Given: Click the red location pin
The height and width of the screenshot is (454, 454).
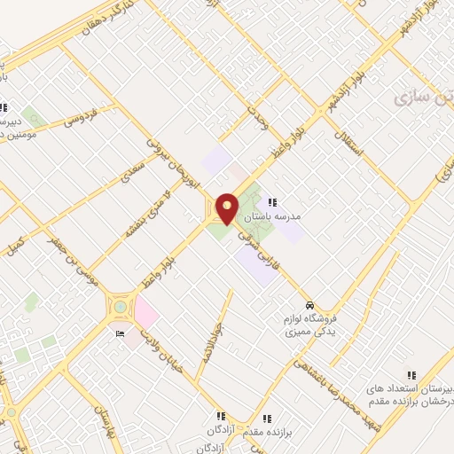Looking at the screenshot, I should point(227,207).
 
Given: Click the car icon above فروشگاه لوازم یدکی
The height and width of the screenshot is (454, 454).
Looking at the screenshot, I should point(308,303).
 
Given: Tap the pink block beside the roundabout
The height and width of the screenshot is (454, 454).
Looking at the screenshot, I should point(145,314).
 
